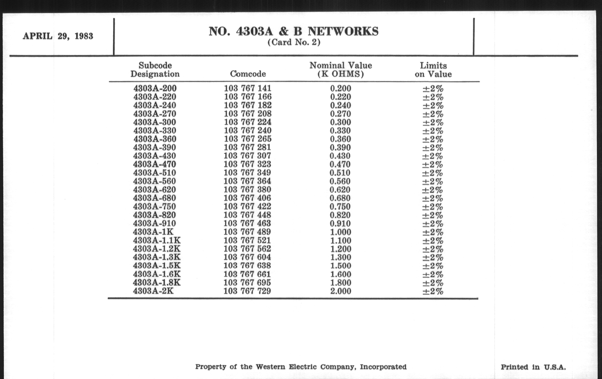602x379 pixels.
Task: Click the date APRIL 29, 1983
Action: click(58, 36)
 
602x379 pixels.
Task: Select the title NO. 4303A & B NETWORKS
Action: click(294, 31)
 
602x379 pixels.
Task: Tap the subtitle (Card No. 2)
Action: click(294, 42)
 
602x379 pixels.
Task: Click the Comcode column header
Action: click(248, 74)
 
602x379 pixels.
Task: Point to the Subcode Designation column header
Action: click(155, 70)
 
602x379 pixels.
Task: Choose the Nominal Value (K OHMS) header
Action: click(341, 70)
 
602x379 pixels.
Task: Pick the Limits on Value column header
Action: click(433, 70)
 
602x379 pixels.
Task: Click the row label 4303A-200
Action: click(155, 88)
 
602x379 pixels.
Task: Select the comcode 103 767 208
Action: click(248, 113)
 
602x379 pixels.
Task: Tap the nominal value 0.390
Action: click(340, 147)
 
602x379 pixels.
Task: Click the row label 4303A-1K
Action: click(153, 232)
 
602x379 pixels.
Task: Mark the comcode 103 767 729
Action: click(247, 291)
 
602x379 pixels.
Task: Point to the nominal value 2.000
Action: click(341, 291)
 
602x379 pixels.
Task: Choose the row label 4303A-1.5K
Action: click(156, 266)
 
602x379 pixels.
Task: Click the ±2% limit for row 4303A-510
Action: click(433, 173)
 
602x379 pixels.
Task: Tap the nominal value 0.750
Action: click(340, 206)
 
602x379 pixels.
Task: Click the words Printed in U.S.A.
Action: click(533, 367)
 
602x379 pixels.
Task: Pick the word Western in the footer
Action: click(270, 367)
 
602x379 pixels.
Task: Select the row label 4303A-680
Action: click(154, 198)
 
